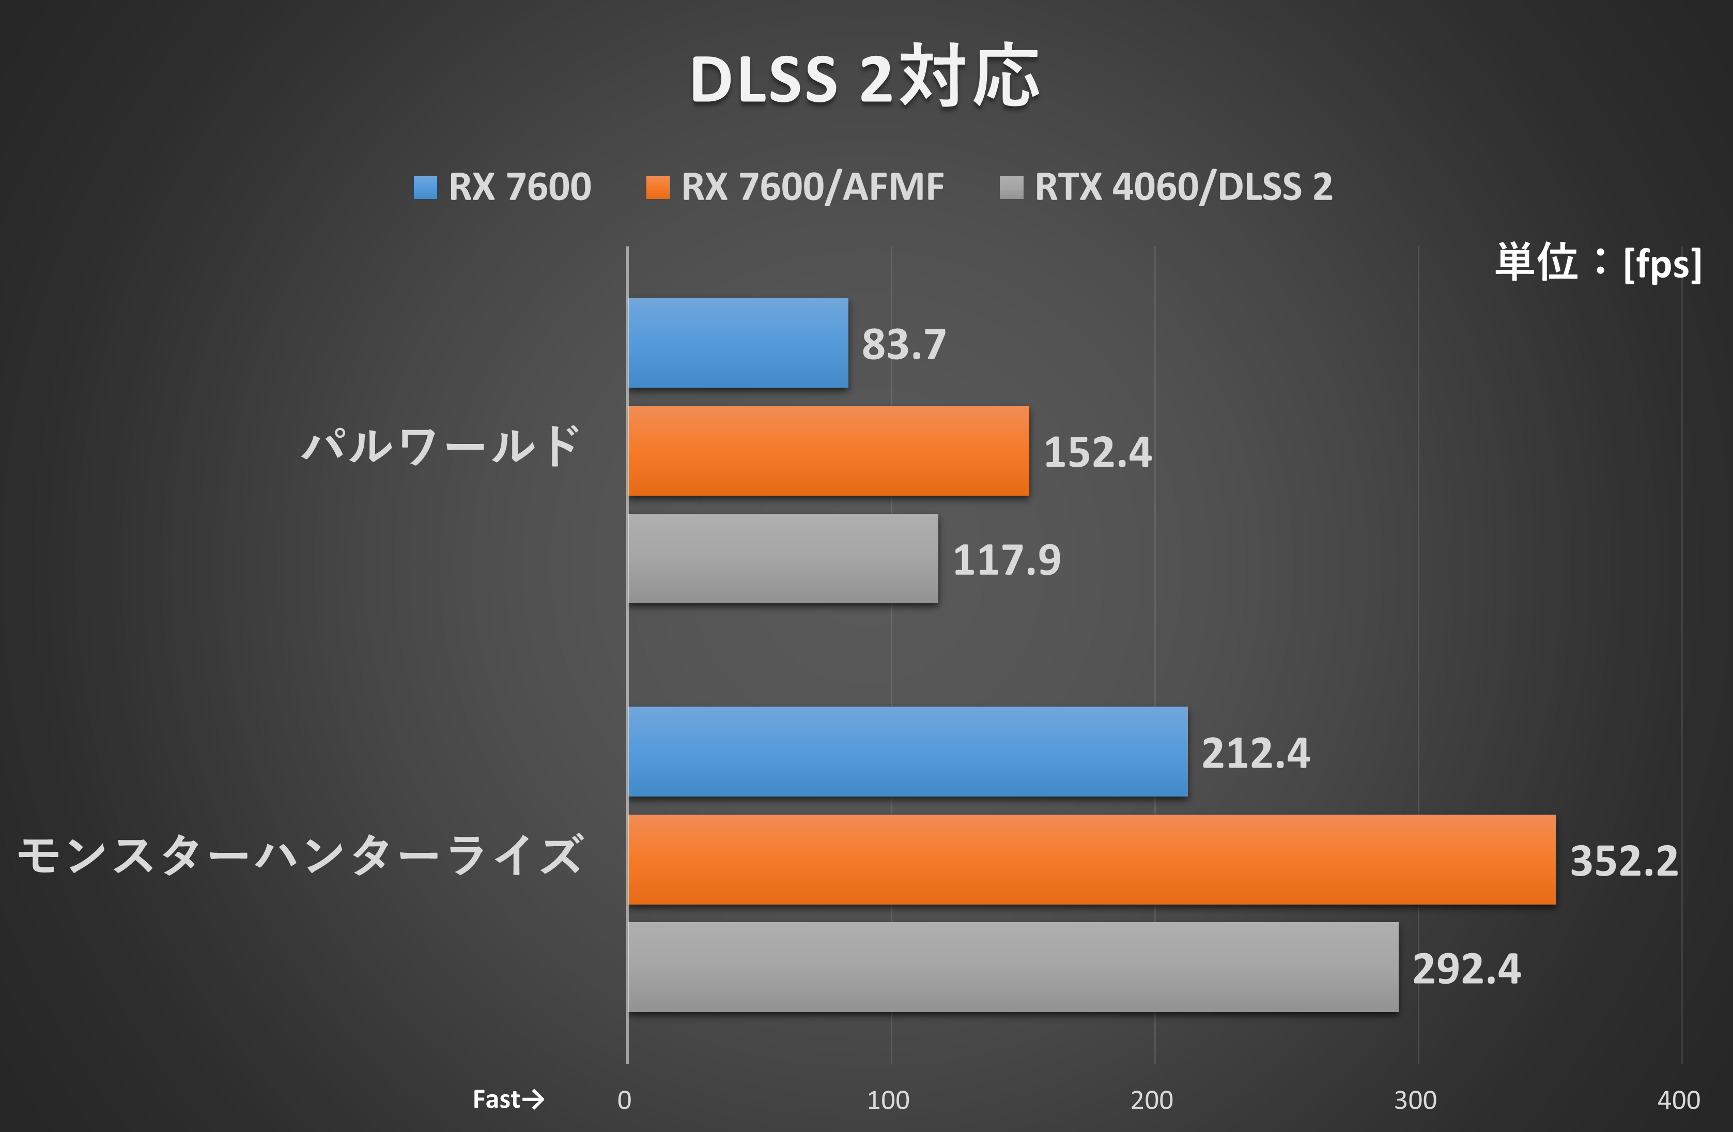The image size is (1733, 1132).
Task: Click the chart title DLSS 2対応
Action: click(864, 77)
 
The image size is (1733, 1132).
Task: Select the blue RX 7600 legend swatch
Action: click(425, 187)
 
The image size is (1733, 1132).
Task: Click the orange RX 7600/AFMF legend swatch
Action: click(658, 187)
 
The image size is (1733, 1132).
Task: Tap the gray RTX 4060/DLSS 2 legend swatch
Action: click(1011, 187)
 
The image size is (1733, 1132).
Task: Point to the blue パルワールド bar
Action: click(738, 342)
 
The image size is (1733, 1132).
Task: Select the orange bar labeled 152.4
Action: click(828, 451)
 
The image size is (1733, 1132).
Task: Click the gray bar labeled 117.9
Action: click(783, 559)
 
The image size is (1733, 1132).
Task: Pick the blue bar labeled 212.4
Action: click(907, 752)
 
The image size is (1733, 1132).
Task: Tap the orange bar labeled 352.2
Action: click(1091, 860)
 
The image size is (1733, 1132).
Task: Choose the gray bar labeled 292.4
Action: click(1013, 968)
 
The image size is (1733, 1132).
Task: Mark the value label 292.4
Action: click(1466, 969)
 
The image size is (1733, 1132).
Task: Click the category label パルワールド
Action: click(441, 446)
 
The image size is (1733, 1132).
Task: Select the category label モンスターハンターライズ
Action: click(300, 855)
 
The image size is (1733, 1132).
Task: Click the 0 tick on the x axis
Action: click(624, 1100)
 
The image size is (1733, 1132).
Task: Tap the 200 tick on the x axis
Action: click(1151, 1100)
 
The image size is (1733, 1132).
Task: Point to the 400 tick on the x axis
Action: click(1678, 1100)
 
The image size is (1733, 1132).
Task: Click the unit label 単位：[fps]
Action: click(1598, 263)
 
